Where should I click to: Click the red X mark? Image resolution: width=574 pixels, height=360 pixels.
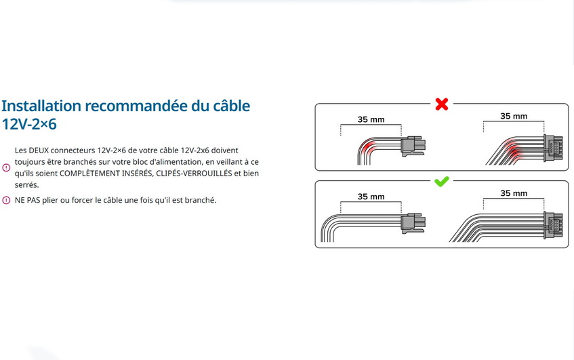pos(442,104)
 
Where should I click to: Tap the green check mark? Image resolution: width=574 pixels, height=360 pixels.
pos(441,181)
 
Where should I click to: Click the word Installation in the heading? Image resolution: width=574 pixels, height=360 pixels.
pos(41,106)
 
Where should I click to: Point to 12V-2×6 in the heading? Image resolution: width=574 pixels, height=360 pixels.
pos(29,124)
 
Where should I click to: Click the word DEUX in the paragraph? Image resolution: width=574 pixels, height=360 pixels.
pos(39,151)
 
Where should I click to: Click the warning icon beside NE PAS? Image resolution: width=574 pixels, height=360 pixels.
pos(6,200)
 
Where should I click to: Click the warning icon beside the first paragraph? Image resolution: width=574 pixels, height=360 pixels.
pos(6,167)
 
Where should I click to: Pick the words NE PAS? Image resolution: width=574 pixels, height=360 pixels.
pos(28,200)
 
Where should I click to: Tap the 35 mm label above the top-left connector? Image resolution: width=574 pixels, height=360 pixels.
pos(371,120)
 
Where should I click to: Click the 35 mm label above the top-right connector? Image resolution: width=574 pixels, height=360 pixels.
pos(514,117)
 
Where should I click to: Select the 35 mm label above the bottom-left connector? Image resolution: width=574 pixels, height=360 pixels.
pos(371,197)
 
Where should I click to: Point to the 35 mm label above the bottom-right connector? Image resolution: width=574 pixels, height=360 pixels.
pos(514,193)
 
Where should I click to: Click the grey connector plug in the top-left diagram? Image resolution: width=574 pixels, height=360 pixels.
pos(413,146)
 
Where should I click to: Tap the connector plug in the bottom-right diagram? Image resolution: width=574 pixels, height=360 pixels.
pos(553,225)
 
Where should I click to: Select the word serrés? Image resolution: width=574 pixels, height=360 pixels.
pos(26,185)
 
